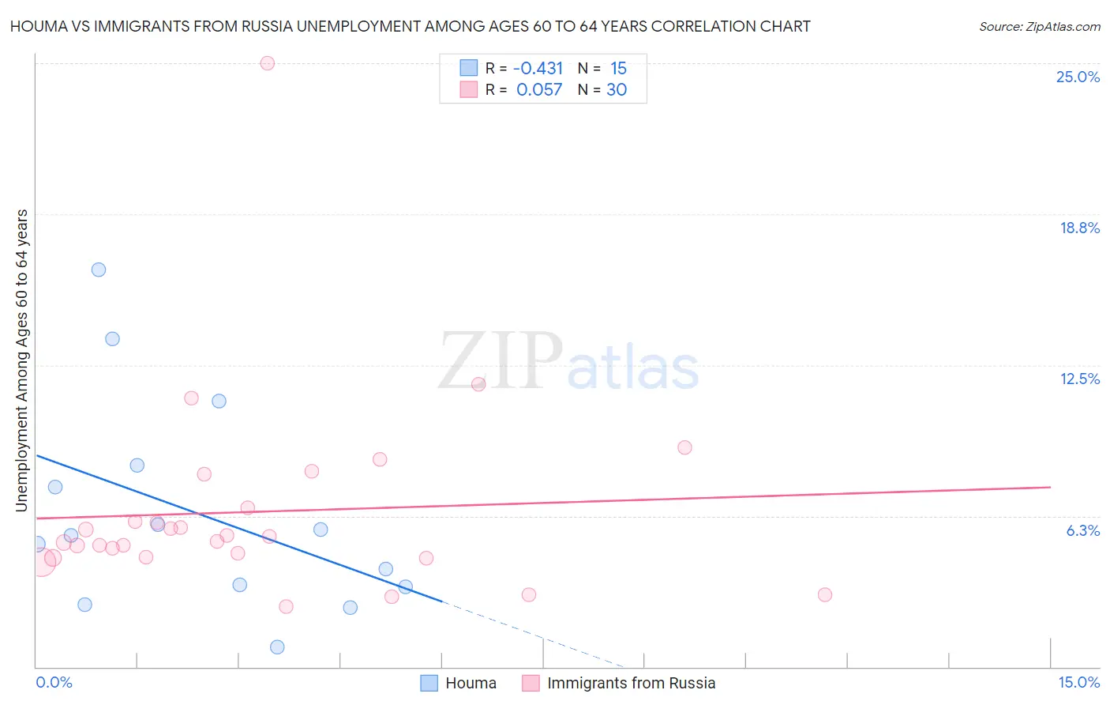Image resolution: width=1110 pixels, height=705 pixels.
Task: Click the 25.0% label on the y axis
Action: point(1078,77)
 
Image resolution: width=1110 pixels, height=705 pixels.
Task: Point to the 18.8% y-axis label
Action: point(1079,228)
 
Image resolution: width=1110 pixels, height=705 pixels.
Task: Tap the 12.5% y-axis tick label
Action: point(1079,379)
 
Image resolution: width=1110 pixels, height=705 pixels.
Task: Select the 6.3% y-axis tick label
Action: point(1082,530)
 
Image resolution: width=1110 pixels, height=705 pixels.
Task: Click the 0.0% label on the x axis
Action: point(54,682)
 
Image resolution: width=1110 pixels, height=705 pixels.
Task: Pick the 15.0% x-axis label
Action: point(1078,682)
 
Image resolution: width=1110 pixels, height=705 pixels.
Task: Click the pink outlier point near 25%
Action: point(267,63)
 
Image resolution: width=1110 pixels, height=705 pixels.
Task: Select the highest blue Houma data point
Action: point(99,270)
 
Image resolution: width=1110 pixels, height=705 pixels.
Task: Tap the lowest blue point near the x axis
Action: point(277,647)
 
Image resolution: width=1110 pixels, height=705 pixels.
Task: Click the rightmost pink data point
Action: point(825,594)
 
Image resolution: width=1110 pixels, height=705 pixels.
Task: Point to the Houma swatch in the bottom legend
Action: point(429,683)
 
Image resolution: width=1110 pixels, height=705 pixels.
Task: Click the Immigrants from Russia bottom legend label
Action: point(631,683)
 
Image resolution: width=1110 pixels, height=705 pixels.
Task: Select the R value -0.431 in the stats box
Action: point(538,69)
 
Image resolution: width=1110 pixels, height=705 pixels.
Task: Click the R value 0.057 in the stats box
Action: point(539,89)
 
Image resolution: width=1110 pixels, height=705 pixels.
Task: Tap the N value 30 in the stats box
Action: point(617,89)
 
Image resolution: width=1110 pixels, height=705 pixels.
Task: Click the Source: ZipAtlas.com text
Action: point(1039,26)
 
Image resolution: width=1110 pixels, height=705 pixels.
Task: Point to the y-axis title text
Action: point(21,360)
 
